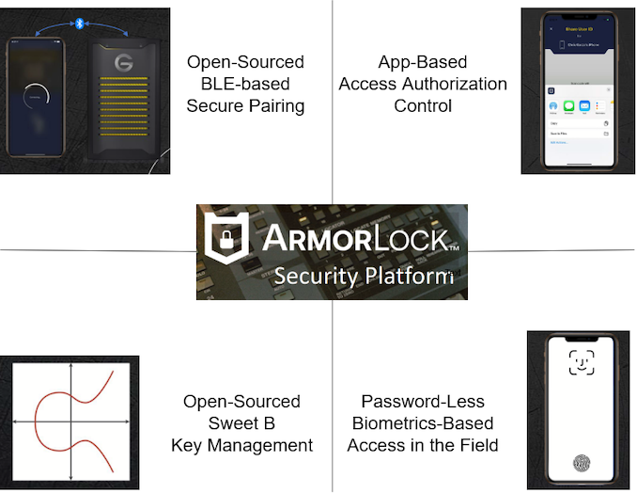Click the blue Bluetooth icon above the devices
pyautogui.click(x=79, y=22)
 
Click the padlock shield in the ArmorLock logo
pyautogui.click(x=225, y=246)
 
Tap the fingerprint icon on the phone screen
pyautogui.click(x=583, y=465)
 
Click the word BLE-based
pyautogui.click(x=245, y=84)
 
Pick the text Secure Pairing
pyautogui.click(x=245, y=105)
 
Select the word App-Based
pyautogui.click(x=423, y=62)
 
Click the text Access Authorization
pyautogui.click(x=423, y=84)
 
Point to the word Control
pyautogui.click(x=423, y=105)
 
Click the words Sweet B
pyautogui.click(x=242, y=423)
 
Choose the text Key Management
pyautogui.click(x=242, y=445)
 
